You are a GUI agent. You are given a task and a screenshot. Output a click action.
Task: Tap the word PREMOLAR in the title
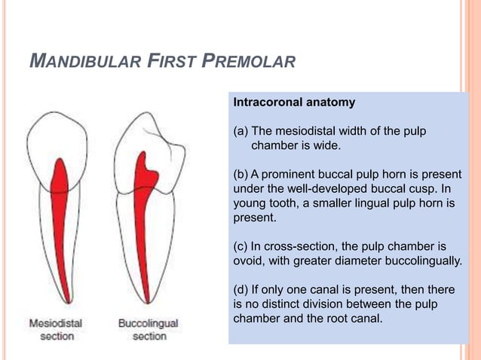(250, 60)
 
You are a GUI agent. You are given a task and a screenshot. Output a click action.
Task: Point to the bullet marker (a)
(242, 132)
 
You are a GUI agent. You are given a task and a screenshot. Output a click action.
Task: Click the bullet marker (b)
(242, 175)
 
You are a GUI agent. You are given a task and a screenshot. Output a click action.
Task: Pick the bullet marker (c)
(242, 246)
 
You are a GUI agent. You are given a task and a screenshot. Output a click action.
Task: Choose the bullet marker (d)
(242, 289)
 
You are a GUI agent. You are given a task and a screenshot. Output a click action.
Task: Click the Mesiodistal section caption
(57, 329)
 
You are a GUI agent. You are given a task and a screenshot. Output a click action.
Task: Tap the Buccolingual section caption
(149, 329)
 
